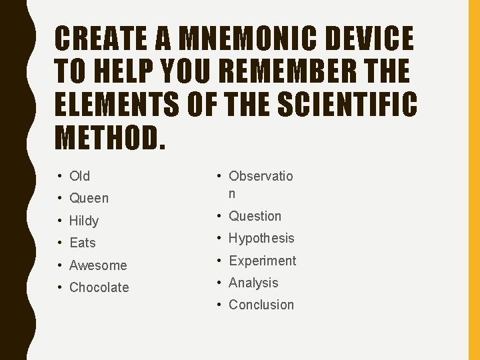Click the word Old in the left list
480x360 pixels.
[79, 176]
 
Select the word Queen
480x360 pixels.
[89, 198]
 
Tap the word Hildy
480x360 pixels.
[84, 221]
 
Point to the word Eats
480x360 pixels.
[83, 243]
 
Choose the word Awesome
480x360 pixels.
[98, 265]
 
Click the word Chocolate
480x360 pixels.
[99, 287]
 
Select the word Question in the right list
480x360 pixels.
[255, 216]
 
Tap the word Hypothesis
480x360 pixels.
[261, 238]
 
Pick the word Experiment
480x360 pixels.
[262, 261]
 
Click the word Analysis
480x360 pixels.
[253, 283]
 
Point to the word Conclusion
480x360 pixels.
[261, 305]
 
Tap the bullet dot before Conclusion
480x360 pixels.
[219, 305]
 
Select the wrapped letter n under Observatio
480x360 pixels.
[232, 194]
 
